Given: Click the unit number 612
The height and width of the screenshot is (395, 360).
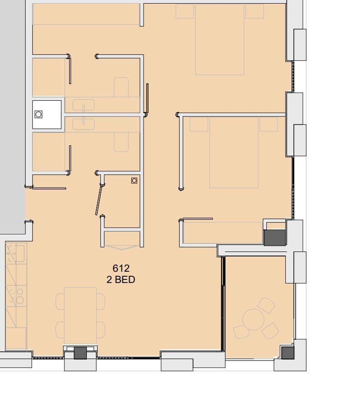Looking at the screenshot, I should click(x=121, y=269).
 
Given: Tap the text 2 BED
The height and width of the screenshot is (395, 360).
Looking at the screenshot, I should click(x=121, y=279).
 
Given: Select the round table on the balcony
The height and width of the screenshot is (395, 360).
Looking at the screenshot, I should click(x=253, y=319).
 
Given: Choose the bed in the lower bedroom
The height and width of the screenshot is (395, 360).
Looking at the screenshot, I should click(x=234, y=152).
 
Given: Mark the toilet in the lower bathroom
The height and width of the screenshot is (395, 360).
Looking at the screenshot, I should click(x=121, y=142).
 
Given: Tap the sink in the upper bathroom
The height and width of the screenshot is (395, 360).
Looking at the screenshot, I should click(x=84, y=105).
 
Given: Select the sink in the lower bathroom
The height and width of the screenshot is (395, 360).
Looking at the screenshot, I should click(x=84, y=122).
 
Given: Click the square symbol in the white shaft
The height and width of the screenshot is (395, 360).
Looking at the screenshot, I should click(x=39, y=114).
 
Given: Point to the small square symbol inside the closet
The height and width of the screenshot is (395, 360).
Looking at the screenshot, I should click(x=134, y=180).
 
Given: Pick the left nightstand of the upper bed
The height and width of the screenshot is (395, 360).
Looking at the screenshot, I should click(x=184, y=11).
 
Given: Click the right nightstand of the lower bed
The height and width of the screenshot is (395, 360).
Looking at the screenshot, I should click(x=269, y=124).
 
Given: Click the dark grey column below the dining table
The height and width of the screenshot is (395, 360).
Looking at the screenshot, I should click(x=80, y=353).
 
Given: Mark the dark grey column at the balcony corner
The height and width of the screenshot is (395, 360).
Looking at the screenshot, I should click(x=288, y=353).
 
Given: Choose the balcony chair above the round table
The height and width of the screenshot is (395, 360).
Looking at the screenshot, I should click(x=267, y=305).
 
